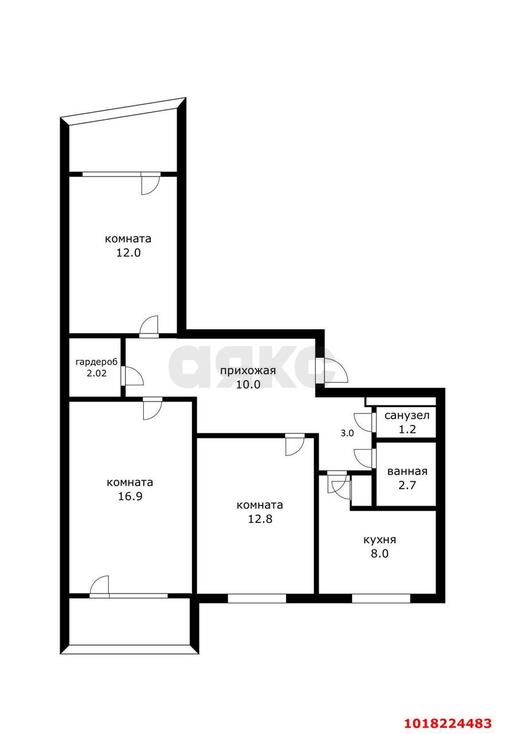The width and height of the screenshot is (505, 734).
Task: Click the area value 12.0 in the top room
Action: (x=128, y=253)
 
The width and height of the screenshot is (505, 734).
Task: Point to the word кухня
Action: (x=379, y=540)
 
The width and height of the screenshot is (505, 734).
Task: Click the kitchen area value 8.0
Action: (x=379, y=554)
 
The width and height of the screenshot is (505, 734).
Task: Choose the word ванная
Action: (x=407, y=471)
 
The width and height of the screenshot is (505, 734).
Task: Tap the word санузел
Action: (x=407, y=416)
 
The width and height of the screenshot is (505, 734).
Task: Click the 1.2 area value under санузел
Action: (x=407, y=430)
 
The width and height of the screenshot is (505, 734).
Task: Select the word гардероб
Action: (x=96, y=362)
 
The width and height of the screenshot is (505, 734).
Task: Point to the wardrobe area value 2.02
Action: (x=96, y=373)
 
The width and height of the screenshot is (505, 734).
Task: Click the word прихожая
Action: (x=248, y=370)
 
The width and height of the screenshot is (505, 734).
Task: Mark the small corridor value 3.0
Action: (x=347, y=433)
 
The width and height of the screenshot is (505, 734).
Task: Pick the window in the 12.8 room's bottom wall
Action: (x=257, y=598)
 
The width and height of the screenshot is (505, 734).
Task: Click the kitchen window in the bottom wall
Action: (x=381, y=598)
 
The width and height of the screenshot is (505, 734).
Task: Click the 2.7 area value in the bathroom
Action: (x=407, y=485)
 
